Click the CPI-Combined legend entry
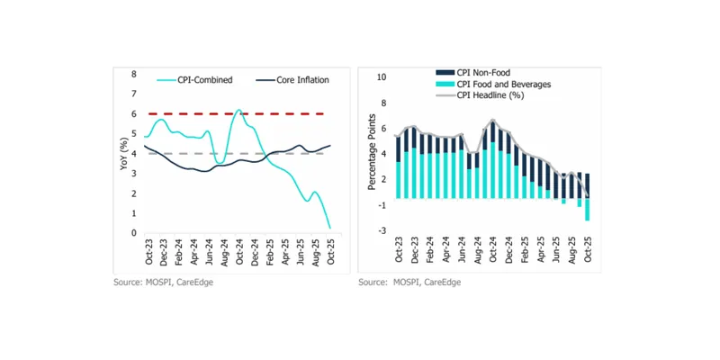pyautogui.click(x=206, y=80)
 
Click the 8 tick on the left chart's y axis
pyautogui.click(x=134, y=74)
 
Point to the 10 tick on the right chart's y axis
pyautogui.click(x=382, y=77)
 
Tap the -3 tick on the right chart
pyautogui.click(x=382, y=231)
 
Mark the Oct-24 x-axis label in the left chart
pyautogui.click(x=238, y=251)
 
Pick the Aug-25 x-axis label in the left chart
pyautogui.click(x=314, y=251)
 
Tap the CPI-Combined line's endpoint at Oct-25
pyautogui.click(x=329, y=228)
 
